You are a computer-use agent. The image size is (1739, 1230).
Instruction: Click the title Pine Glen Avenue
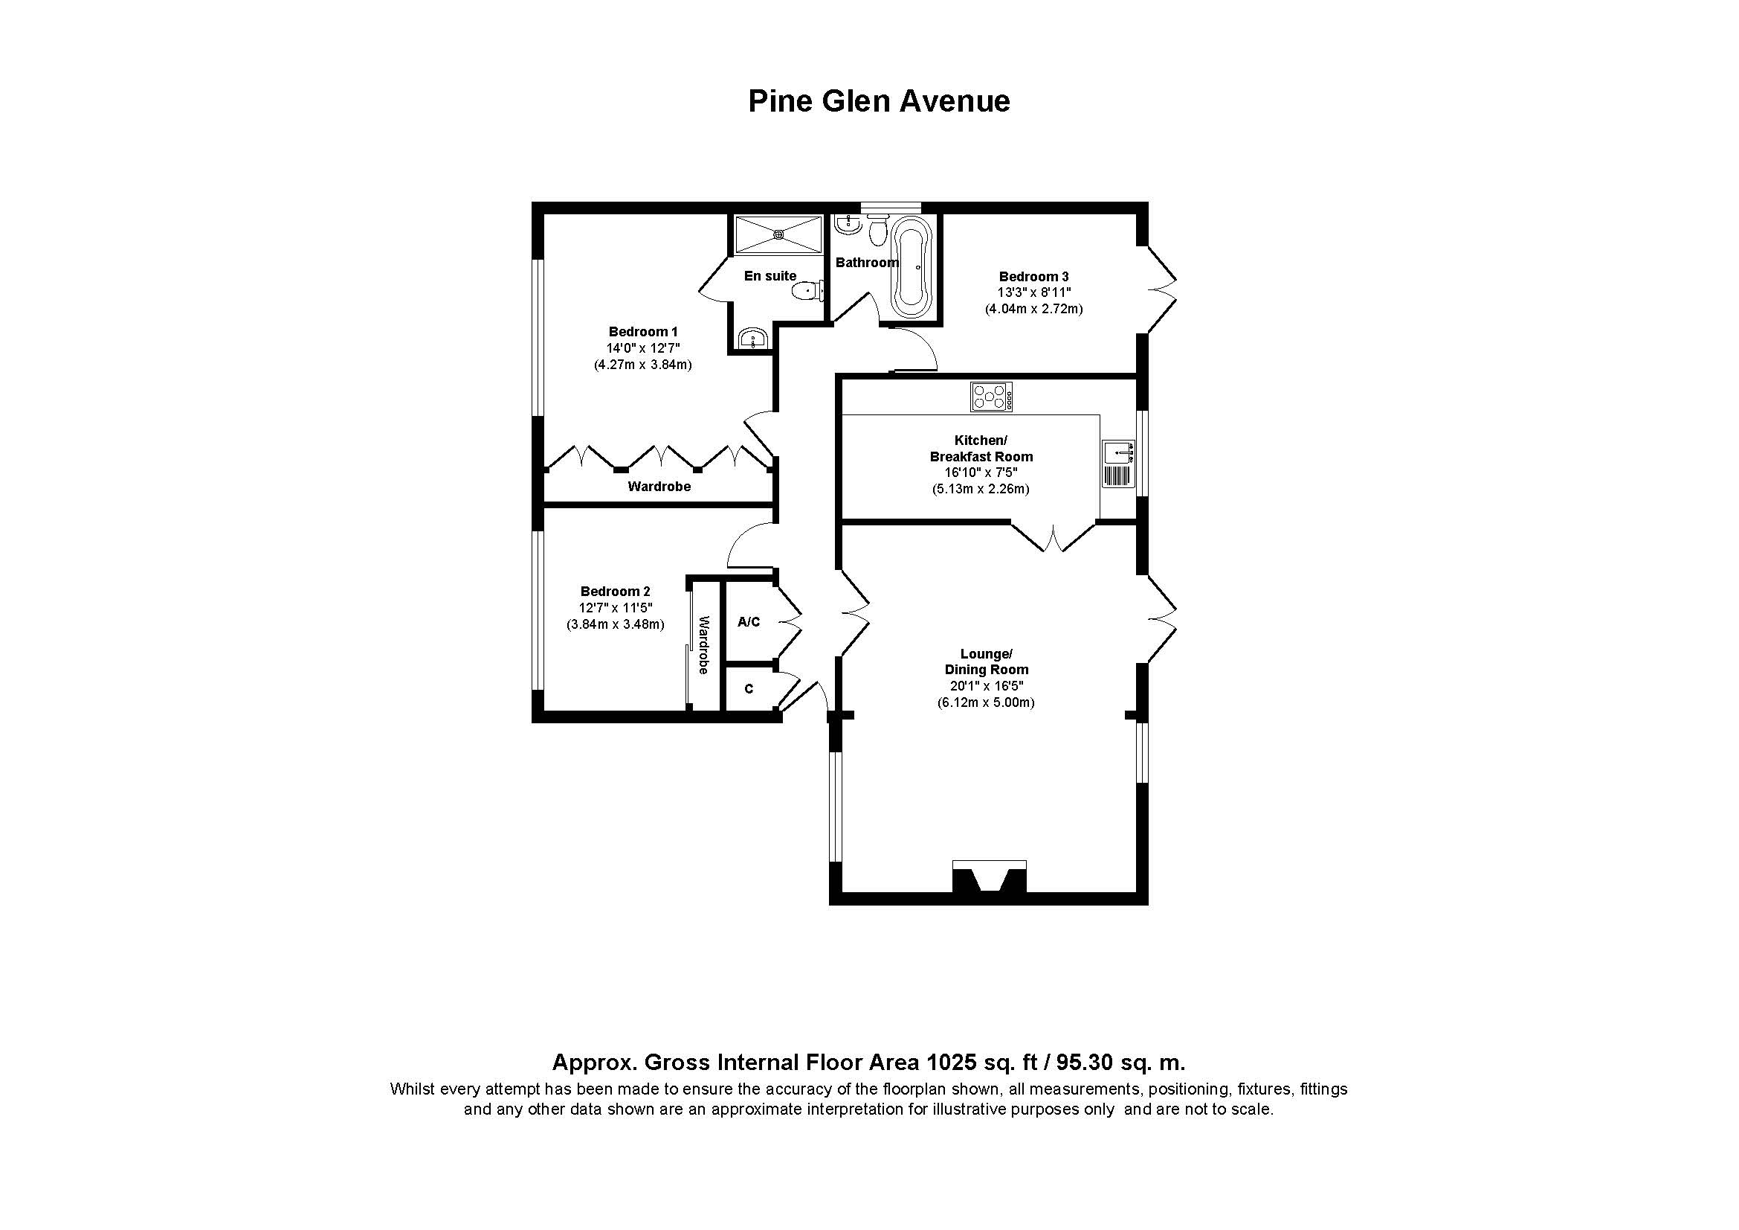pos(879,100)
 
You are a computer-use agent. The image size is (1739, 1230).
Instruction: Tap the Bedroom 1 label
pos(642,331)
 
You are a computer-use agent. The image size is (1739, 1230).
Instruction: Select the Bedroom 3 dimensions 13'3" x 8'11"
pos(1033,292)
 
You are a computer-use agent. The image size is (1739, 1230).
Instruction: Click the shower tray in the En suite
pos(778,235)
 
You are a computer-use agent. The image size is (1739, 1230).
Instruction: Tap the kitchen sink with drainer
pos(1119,463)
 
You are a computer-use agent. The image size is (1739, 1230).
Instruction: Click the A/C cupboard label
pos(749,622)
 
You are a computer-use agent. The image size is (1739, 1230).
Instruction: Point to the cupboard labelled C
pos(749,689)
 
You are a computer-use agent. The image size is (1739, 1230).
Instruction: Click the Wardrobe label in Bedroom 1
pos(659,487)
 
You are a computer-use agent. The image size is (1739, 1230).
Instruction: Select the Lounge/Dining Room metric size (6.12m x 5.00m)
pos(985,702)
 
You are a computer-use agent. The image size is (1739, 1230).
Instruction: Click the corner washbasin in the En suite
pos(752,338)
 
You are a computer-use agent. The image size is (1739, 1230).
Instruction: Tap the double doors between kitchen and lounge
pos(1054,536)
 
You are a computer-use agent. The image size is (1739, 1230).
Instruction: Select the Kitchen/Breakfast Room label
pos(981,449)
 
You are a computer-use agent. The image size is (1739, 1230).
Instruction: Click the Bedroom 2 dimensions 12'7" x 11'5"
pos(615,608)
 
